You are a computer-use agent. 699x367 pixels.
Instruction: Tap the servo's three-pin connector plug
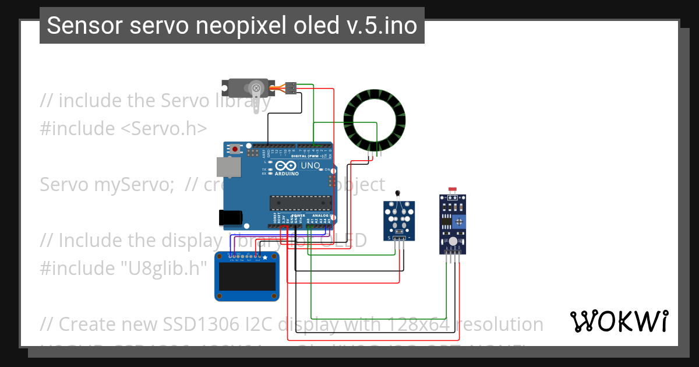(291, 88)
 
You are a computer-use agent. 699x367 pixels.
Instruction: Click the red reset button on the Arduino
(235, 149)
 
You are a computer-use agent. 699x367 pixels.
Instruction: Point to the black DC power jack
(230, 217)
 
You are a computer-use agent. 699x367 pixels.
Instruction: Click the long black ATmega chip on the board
(300, 203)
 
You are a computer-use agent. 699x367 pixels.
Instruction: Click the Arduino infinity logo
(290, 166)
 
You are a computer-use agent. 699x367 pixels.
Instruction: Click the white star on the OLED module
(265, 257)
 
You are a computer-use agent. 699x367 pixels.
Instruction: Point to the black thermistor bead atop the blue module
(398, 194)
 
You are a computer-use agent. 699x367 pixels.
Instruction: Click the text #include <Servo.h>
(123, 128)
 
